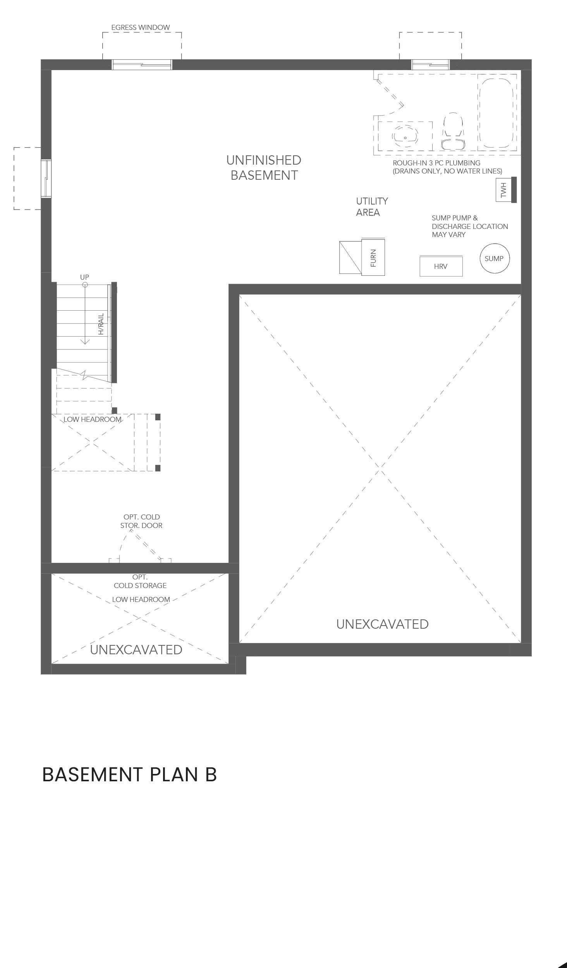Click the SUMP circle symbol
pos(494,258)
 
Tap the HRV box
pos(441,266)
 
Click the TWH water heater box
pos(503,190)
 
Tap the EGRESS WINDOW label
pos(140,28)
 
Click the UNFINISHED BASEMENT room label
pos(264,167)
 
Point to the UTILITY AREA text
pos(371,206)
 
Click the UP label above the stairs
pos(84,277)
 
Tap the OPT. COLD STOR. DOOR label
pos(141,521)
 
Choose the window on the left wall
pos(46,178)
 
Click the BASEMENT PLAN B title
pos(129,774)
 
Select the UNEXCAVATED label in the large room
pos(382,624)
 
